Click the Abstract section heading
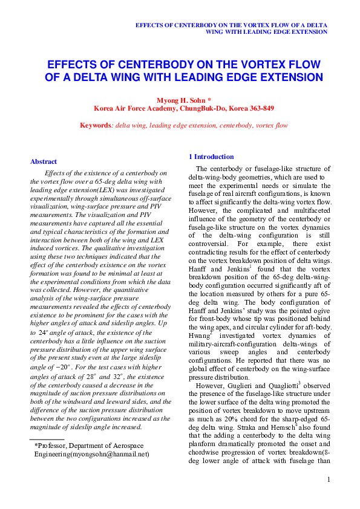click(44, 161)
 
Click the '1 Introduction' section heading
click(211, 157)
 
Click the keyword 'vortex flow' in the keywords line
click(270, 125)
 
